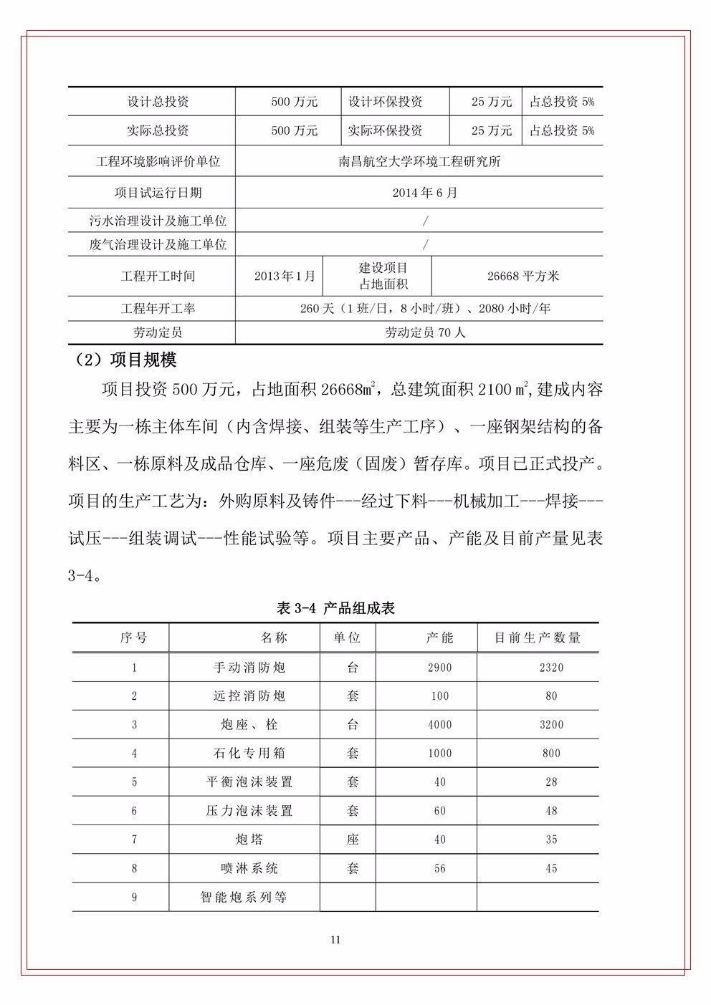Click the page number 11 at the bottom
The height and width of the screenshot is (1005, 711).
click(x=335, y=940)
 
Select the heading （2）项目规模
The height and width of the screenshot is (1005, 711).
click(x=126, y=360)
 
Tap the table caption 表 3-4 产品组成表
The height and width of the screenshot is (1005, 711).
click(x=335, y=608)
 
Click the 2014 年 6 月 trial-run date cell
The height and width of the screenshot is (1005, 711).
click(x=425, y=193)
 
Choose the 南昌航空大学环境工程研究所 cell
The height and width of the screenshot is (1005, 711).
click(x=419, y=161)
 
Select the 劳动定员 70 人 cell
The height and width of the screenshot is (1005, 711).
click(x=425, y=332)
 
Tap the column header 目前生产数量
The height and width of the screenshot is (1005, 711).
click(x=538, y=638)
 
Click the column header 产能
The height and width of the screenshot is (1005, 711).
click(x=439, y=638)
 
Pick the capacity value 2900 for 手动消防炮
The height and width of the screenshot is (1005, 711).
click(x=439, y=668)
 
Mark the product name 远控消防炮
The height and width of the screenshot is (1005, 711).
click(x=249, y=696)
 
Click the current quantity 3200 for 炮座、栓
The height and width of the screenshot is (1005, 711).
click(x=551, y=725)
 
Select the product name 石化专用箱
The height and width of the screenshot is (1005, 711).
click(x=249, y=754)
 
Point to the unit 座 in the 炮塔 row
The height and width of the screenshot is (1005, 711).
click(x=353, y=840)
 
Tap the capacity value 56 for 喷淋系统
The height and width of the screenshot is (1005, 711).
click(x=439, y=868)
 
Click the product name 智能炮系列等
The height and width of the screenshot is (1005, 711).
click(x=244, y=897)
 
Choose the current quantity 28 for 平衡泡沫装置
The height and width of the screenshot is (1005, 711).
click(x=551, y=782)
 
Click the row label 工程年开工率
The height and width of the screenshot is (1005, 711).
click(x=158, y=309)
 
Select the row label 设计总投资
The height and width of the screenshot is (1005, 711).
click(x=158, y=102)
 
